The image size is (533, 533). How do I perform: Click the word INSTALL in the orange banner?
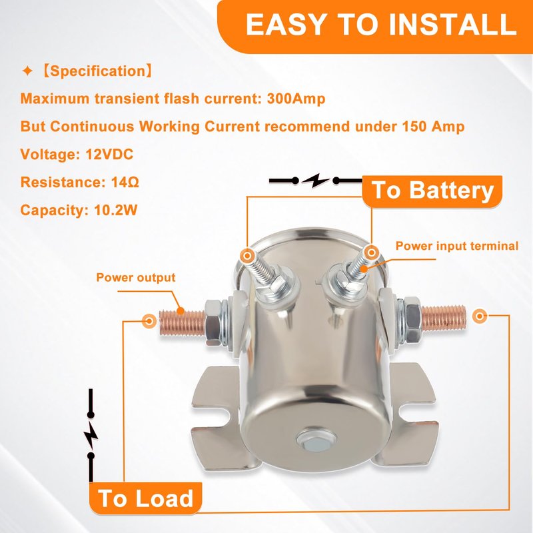point(452,24)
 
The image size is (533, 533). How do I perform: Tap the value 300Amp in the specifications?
point(296,99)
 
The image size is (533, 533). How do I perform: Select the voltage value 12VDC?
point(109,155)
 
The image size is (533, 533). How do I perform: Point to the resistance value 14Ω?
point(125,182)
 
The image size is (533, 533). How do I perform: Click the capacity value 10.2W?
point(115,210)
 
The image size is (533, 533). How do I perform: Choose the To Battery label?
point(432,191)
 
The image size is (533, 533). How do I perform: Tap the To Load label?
point(145,498)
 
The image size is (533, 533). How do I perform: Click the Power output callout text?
point(136,277)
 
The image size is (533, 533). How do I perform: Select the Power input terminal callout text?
point(457,246)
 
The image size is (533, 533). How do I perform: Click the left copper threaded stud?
point(182,322)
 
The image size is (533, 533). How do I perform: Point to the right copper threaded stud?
point(444,317)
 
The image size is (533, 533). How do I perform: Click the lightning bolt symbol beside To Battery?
point(316,181)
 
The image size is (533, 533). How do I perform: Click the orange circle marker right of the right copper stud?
point(480,316)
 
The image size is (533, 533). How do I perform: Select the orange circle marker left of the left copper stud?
point(149,320)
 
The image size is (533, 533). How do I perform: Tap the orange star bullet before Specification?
point(27,71)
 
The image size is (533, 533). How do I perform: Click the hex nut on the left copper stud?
point(213,322)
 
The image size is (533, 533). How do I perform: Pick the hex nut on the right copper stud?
point(413,319)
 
